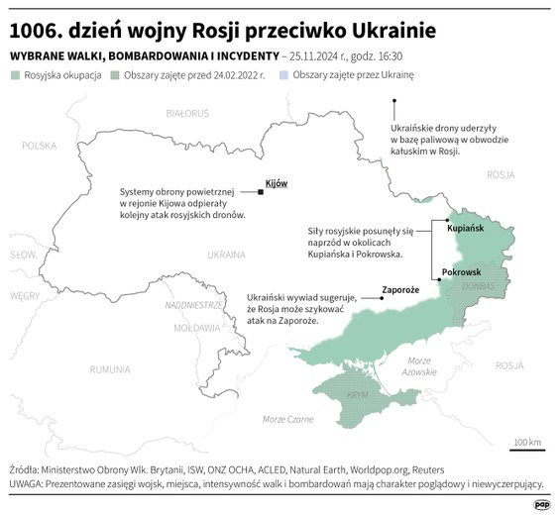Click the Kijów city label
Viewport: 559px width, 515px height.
click(276, 183)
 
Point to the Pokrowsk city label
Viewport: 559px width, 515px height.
click(461, 272)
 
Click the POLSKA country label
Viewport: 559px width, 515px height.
click(40, 146)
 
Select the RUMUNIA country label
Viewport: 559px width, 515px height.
click(109, 369)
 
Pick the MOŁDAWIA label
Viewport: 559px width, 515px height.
click(195, 327)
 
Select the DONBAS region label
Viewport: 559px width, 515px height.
click(477, 286)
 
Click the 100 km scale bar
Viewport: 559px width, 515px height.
click(526, 448)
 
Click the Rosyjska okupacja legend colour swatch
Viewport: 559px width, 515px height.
click(14, 75)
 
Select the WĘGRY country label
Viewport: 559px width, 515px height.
click(25, 295)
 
